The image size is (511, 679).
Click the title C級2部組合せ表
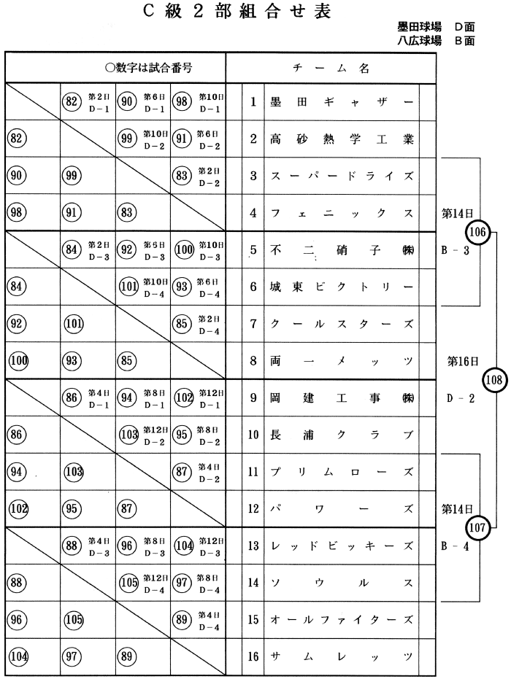tap(255, 12)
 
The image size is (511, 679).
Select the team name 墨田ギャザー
tap(341, 102)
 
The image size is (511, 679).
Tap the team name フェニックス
tap(341, 213)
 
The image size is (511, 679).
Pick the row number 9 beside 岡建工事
tap(252, 398)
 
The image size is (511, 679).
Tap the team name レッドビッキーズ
tap(341, 546)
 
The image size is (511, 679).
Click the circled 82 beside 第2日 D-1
tap(71, 102)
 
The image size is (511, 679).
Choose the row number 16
tap(252, 656)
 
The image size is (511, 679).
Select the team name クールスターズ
tap(341, 324)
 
